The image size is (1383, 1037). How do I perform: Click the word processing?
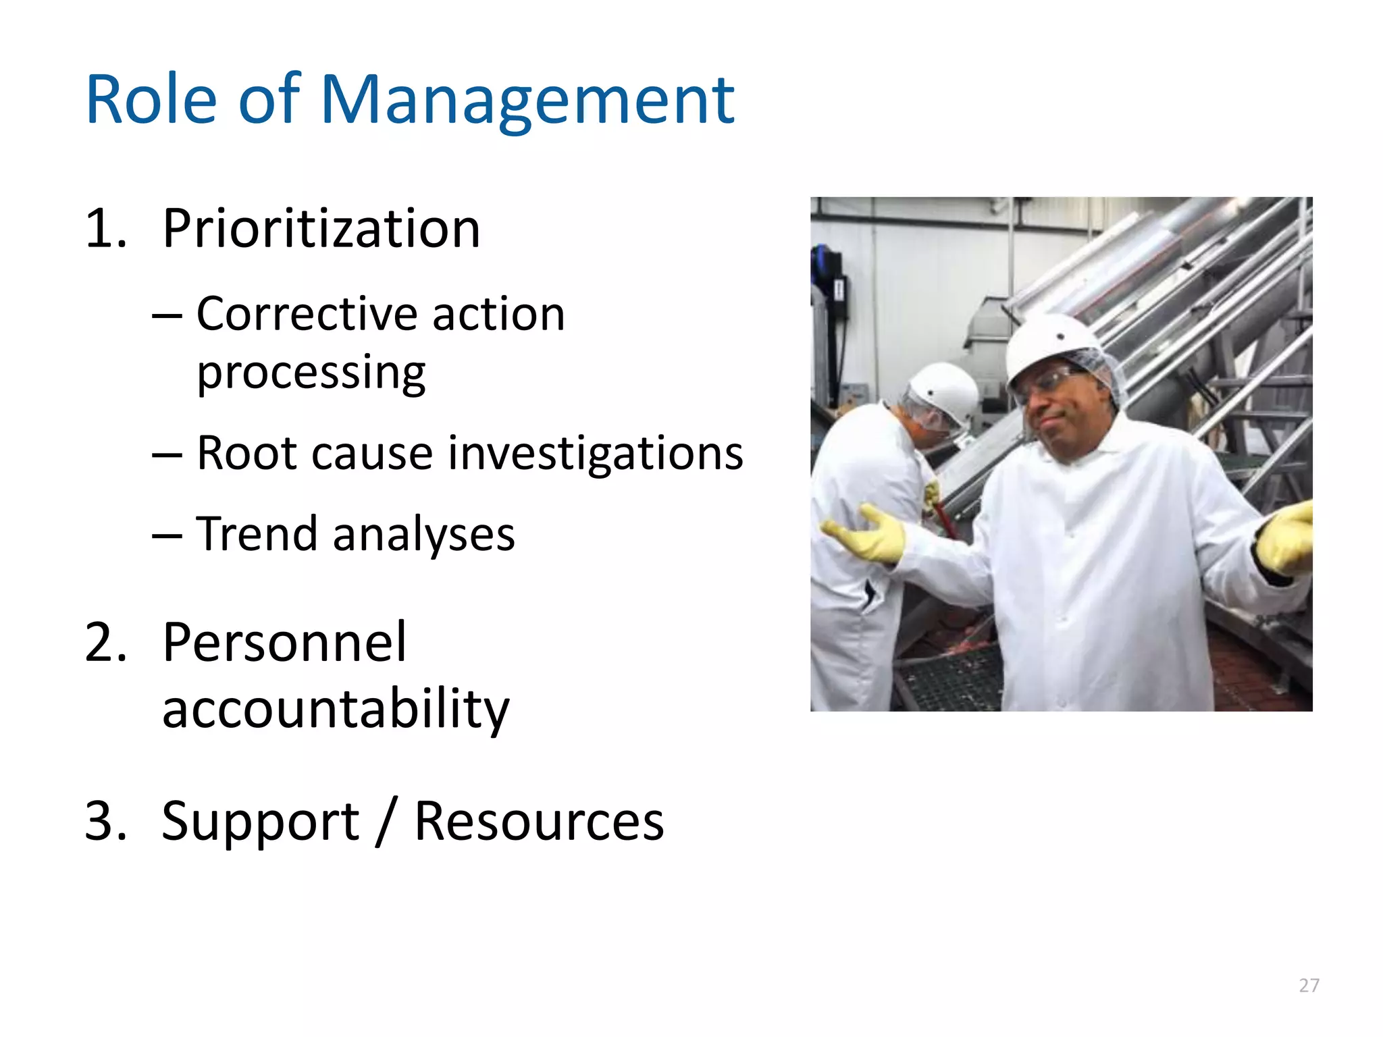pos(311,373)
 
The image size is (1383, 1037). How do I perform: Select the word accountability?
pos(336,709)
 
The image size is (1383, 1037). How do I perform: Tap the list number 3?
pos(105,821)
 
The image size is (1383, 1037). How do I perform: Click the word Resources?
pos(539,821)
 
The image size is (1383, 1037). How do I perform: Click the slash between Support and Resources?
pos(386,821)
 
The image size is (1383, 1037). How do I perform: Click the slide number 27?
pos(1309,986)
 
